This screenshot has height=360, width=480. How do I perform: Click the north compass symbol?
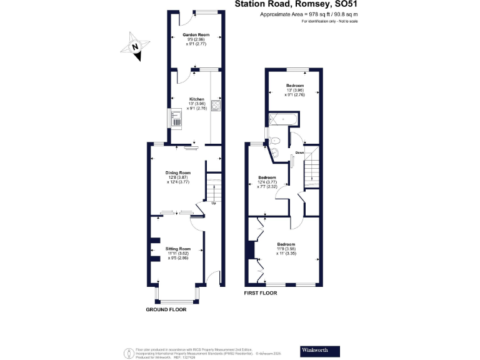[137, 46]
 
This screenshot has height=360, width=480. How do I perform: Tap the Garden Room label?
[196, 35]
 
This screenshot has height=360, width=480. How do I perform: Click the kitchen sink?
[176, 117]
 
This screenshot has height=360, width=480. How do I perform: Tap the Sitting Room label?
[177, 249]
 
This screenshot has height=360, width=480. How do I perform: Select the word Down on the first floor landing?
[300, 152]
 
